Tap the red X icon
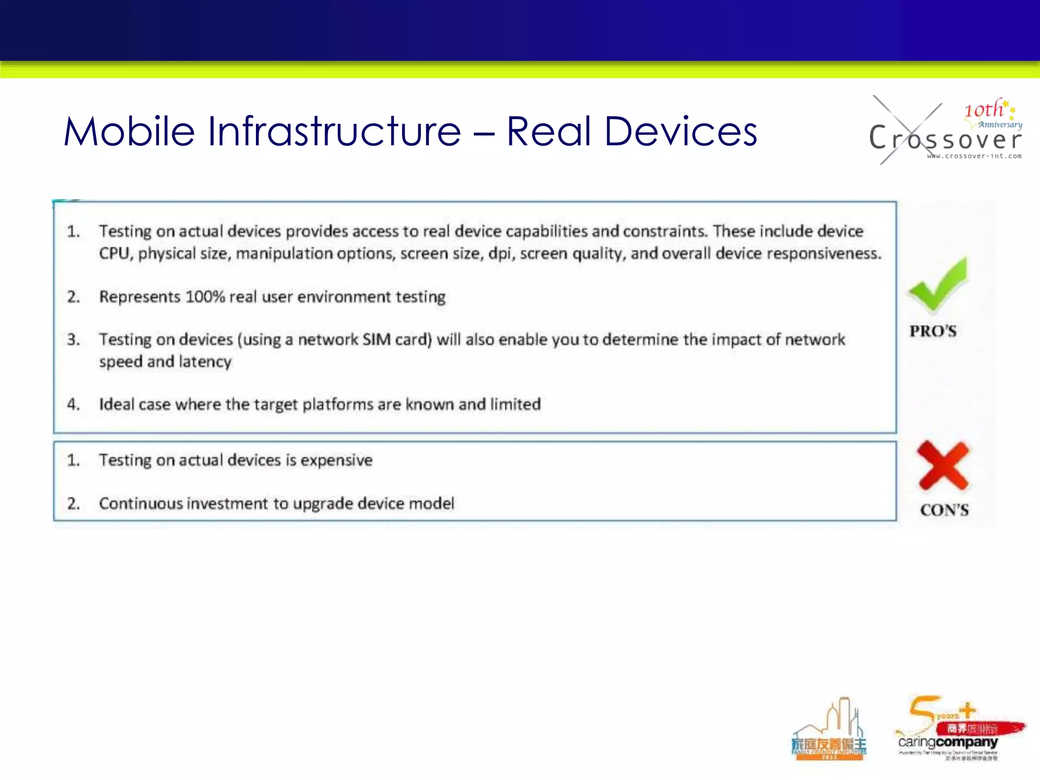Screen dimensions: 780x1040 click(x=944, y=465)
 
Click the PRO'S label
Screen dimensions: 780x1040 click(x=933, y=331)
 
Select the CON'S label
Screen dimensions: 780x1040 click(x=944, y=509)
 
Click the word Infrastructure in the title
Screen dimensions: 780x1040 click(x=334, y=132)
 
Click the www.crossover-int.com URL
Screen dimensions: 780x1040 click(x=974, y=156)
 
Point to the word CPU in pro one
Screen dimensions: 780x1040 click(x=114, y=253)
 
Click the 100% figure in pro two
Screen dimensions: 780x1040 click(x=205, y=297)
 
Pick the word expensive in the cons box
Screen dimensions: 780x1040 click(x=336, y=460)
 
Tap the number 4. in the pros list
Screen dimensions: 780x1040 click(x=74, y=404)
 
